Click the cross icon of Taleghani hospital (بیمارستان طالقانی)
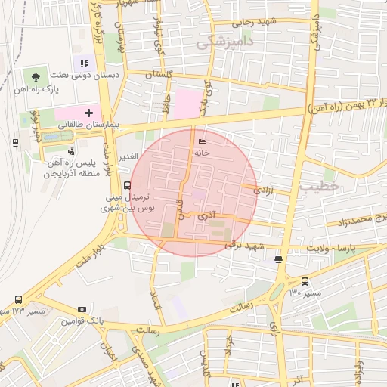(x=88, y=113)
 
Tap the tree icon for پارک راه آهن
(x=36, y=76)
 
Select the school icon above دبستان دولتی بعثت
(x=84, y=64)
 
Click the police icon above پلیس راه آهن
(x=71, y=151)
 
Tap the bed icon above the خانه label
(x=200, y=142)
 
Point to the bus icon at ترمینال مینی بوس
(x=126, y=184)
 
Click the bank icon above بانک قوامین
(x=82, y=310)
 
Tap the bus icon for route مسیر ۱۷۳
(x=18, y=299)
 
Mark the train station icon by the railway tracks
(x=15, y=141)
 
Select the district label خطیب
(x=320, y=185)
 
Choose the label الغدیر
(x=127, y=156)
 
